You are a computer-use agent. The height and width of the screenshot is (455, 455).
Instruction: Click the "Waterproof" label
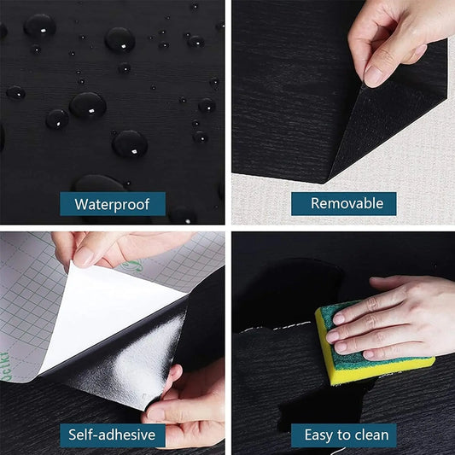click(112, 203)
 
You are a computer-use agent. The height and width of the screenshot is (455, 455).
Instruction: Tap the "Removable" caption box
click(341, 203)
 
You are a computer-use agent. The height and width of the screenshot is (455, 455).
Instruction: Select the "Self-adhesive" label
click(112, 435)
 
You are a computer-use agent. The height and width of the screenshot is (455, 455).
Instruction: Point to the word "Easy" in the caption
click(320, 435)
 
